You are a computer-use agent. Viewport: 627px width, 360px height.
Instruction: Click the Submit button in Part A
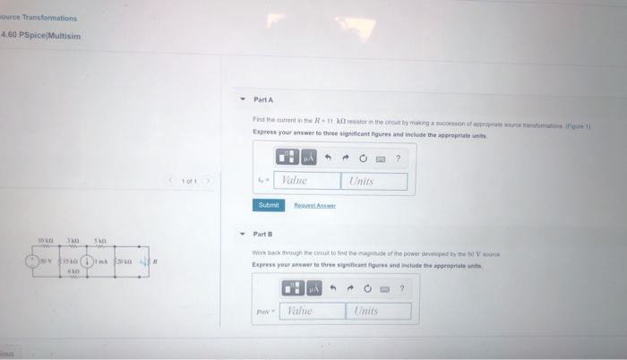coord(268,205)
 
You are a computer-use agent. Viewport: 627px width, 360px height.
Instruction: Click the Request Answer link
coord(314,205)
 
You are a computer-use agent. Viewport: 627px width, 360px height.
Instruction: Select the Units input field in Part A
coord(374,181)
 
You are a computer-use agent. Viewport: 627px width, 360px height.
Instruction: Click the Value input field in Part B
coord(311,311)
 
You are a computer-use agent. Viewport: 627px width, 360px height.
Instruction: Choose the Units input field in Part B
coord(378,311)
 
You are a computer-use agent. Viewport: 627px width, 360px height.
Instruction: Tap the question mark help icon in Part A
coord(398,158)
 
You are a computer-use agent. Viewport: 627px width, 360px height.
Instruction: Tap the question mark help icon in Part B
coord(402,287)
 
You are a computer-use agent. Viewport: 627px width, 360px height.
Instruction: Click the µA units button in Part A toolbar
coord(308,158)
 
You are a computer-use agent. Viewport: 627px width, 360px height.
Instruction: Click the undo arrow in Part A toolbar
coord(329,158)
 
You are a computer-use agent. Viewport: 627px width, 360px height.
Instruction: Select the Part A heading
coord(263,99)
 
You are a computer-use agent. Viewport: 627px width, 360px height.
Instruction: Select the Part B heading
coord(263,234)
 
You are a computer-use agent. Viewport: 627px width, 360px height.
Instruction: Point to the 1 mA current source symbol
coord(86,262)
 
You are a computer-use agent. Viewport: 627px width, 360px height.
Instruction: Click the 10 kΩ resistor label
coord(46,241)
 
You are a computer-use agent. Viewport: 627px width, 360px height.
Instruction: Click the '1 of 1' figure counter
coord(189,181)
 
